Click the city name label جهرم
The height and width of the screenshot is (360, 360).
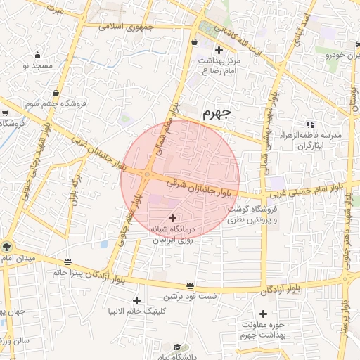click(x=217, y=112)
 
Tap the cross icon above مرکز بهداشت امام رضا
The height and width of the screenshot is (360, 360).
click(x=219, y=50)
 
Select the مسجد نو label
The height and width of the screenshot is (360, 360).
click(x=37, y=65)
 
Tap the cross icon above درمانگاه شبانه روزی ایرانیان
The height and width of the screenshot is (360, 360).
click(x=173, y=219)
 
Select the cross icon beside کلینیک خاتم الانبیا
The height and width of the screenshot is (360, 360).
click(x=136, y=300)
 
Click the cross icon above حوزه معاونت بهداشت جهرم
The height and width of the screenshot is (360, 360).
click(x=263, y=314)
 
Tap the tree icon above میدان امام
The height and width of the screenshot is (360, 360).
click(x=6, y=247)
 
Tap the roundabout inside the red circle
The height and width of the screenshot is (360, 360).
click(x=148, y=174)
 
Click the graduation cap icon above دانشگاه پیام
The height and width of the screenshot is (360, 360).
click(x=178, y=347)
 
